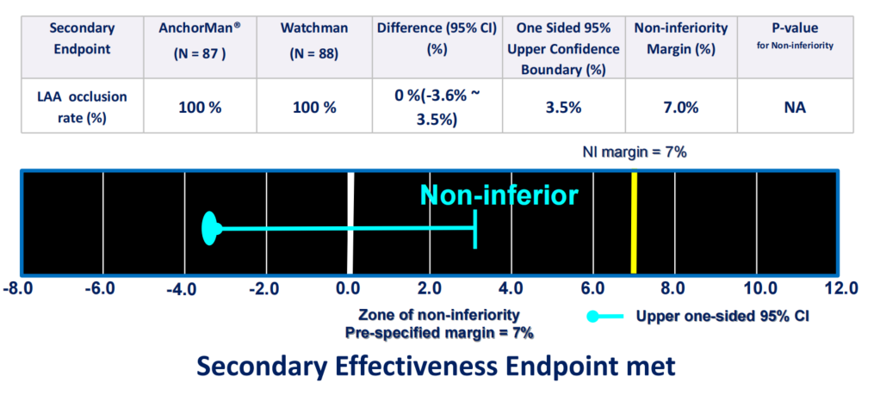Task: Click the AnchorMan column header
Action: point(200,38)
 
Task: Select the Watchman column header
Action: point(314,38)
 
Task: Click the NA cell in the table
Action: point(795,107)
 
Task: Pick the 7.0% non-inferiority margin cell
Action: point(682,107)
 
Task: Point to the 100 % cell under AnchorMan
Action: point(200,107)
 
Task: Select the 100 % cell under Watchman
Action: point(314,107)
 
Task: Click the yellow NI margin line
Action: point(634,223)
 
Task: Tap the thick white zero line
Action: point(350,223)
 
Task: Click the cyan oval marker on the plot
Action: point(209,228)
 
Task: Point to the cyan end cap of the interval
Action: point(475,229)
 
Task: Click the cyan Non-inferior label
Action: point(499,195)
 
